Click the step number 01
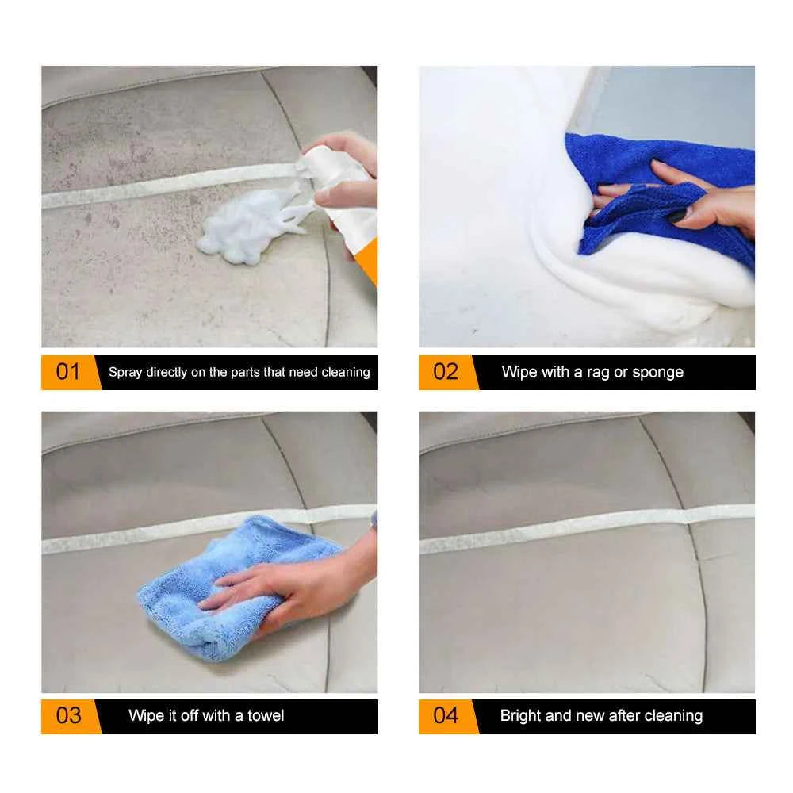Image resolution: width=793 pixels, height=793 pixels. click(x=68, y=372)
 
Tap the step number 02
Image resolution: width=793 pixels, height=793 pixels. click(x=446, y=372)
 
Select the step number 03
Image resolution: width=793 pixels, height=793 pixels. click(x=68, y=715)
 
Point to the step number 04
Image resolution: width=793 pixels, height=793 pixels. click(x=446, y=715)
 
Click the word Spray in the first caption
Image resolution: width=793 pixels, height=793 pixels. click(x=125, y=372)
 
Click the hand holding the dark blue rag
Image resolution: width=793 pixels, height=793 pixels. click(x=698, y=198)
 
